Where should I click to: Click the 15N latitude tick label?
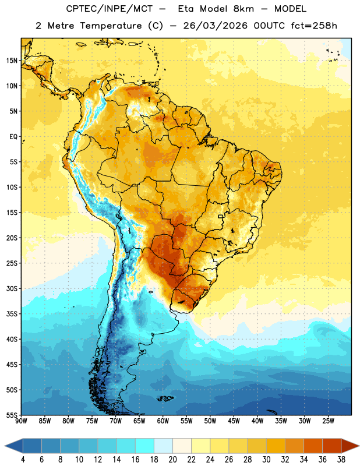click(x=11, y=61)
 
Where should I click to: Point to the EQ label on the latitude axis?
click(x=13, y=137)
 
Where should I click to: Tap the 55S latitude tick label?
click(x=11, y=415)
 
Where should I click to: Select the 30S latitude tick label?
click(x=11, y=288)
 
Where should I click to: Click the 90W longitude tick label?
click(x=21, y=421)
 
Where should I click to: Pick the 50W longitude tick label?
click(x=210, y=421)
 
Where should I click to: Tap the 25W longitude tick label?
click(x=328, y=421)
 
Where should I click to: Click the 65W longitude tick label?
click(x=139, y=421)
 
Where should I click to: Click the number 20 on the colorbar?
click(x=172, y=460)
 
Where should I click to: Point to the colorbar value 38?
click(x=341, y=460)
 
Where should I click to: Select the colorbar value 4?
click(x=23, y=460)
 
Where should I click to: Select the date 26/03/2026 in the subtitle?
click(x=215, y=26)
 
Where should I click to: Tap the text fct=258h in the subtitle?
click(x=314, y=26)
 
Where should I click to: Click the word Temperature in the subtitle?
click(x=111, y=26)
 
